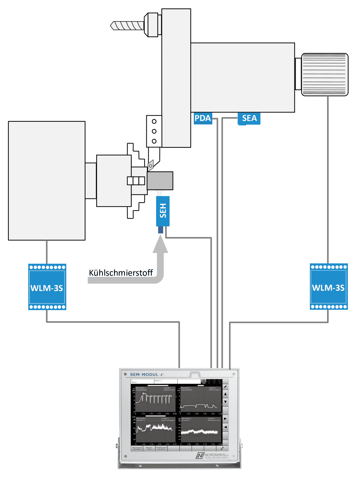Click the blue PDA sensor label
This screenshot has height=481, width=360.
(203, 118)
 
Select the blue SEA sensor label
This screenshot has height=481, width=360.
(249, 118)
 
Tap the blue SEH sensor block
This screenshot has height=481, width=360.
(163, 211)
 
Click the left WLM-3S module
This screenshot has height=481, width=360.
(47, 287)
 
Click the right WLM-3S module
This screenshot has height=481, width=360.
(329, 287)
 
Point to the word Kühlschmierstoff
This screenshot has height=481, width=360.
(121, 272)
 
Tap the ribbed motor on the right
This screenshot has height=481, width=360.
(325, 75)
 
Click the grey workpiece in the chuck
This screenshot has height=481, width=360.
(160, 181)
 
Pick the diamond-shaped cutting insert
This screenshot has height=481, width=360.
(151, 165)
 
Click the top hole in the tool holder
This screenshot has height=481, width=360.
(154, 121)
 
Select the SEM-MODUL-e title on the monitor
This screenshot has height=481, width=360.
(147, 374)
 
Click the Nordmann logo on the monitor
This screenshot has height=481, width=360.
(212, 456)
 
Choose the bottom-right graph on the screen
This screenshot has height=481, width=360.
(200, 431)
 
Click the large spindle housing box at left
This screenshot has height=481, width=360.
(47, 181)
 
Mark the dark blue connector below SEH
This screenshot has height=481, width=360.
(161, 230)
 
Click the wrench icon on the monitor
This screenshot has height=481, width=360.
(222, 448)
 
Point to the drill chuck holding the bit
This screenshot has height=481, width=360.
(152, 25)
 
